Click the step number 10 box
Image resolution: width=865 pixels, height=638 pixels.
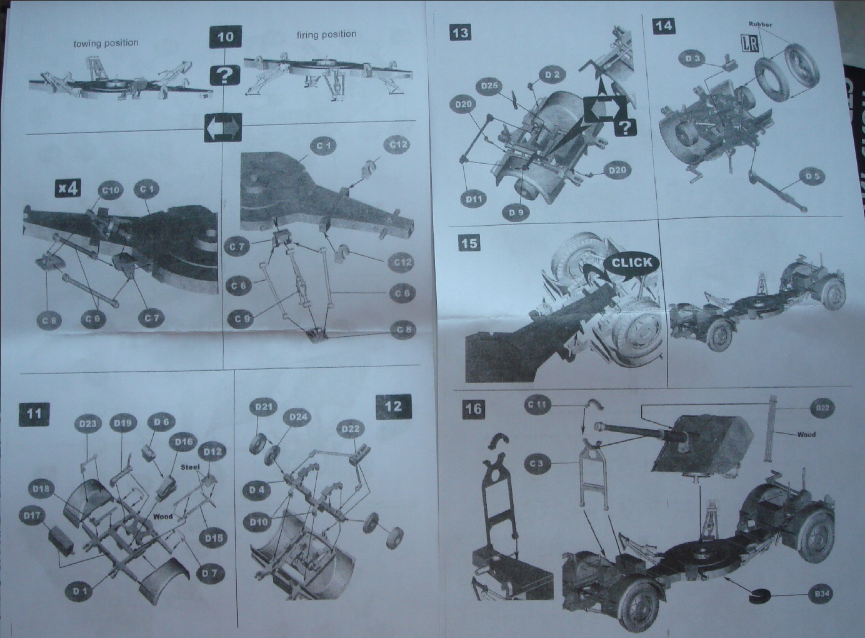point(225,37)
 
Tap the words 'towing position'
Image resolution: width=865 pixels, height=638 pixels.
point(106,43)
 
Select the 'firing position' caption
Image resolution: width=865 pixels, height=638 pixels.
point(326,34)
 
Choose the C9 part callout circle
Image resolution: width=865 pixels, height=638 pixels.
point(243,319)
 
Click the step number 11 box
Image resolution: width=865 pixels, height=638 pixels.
point(34,413)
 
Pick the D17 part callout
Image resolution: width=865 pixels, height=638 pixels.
point(31,515)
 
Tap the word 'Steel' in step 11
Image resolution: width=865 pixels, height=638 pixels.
point(189,467)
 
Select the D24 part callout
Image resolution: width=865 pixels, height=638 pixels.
point(298,417)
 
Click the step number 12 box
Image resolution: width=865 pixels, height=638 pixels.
point(393,406)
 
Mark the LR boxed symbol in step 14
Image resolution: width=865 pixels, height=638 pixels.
point(746,43)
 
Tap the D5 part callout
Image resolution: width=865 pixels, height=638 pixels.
point(812,176)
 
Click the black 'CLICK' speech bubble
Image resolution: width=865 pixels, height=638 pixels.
point(631,263)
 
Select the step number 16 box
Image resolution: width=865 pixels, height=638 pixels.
point(473,408)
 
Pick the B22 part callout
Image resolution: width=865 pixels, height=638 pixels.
point(822,408)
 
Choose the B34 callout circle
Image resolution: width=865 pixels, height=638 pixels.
point(821,593)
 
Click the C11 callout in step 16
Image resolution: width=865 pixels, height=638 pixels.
point(537,405)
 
